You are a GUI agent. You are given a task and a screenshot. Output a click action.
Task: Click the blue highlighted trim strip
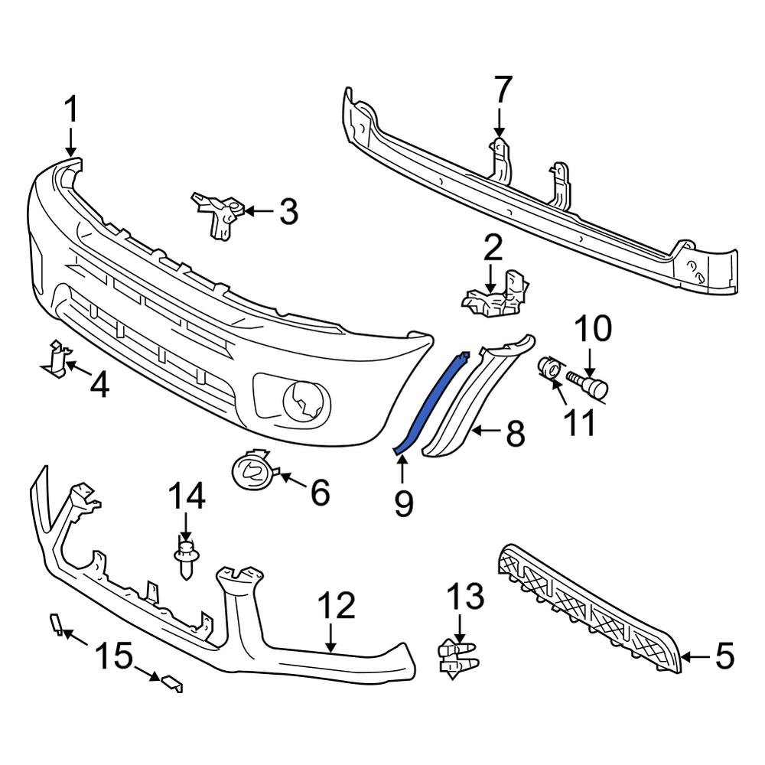[432, 402]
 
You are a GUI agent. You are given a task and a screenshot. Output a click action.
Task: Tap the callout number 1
[70, 112]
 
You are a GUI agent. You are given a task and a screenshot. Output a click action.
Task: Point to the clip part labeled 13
[457, 656]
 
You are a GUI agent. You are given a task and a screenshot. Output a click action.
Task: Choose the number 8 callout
[516, 434]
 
